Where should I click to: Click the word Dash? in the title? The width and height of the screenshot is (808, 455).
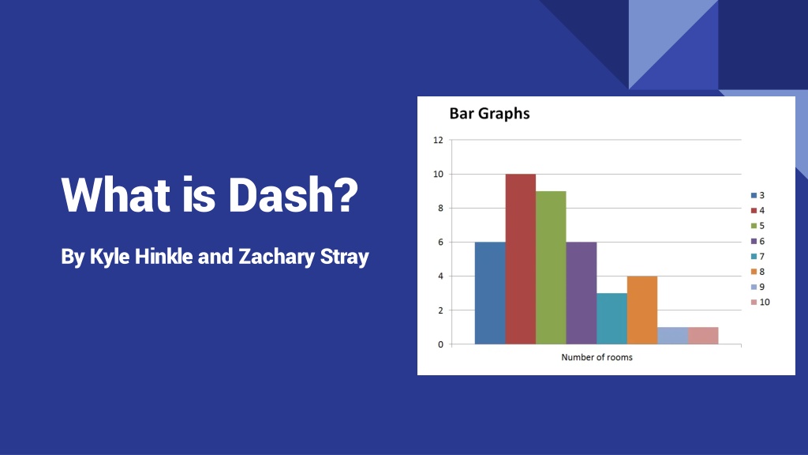coord(293,194)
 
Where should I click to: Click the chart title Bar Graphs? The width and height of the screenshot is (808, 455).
coord(489,114)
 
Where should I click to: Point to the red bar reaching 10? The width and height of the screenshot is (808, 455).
coord(521,259)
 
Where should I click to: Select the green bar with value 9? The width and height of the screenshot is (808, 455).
coord(551,268)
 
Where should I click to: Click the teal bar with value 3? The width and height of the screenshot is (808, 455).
coord(612,319)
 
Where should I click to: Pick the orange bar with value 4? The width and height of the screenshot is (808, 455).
coord(642,310)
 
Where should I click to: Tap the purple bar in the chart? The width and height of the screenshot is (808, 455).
coord(582,293)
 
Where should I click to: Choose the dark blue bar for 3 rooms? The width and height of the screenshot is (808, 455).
coord(490,293)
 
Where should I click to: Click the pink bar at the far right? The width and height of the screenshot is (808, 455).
coord(703,336)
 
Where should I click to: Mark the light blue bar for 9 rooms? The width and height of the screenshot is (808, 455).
coord(672,336)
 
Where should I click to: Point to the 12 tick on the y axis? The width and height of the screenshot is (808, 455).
coord(438,140)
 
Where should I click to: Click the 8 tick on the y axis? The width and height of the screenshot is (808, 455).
coord(440,209)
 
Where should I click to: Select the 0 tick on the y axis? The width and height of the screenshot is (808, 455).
coord(440,344)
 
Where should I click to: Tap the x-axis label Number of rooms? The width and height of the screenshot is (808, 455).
coord(597,357)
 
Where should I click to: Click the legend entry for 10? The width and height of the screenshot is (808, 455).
coord(761,303)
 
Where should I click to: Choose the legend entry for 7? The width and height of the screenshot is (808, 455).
coord(758,257)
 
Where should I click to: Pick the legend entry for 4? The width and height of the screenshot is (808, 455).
coord(758,210)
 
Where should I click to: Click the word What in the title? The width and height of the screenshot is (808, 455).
coord(115,194)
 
